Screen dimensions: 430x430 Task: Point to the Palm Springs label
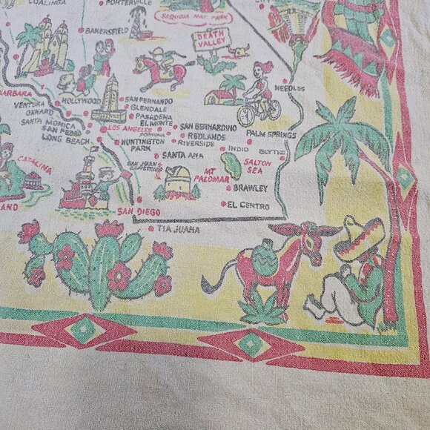point(271,134)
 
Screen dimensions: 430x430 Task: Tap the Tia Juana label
point(175,230)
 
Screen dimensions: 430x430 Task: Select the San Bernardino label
point(208,128)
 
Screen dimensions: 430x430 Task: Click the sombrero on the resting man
point(358,238)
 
